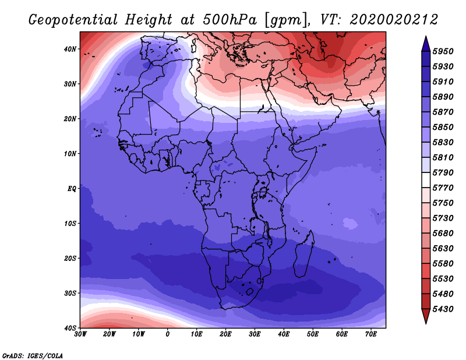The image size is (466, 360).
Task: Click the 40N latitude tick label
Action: tap(70, 49)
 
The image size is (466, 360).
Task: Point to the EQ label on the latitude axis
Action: tap(72, 189)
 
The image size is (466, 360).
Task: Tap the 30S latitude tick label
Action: tap(70, 293)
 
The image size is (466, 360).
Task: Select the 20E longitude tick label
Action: tap(225, 334)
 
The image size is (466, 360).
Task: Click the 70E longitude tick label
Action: tap(371, 334)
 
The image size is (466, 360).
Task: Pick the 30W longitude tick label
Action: tap(80, 334)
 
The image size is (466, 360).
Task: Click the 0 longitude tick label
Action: tap(168, 334)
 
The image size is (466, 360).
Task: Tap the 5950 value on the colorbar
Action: tap(443, 51)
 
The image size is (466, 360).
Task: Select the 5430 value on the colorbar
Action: tap(443, 309)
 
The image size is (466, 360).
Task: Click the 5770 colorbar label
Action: tap(443, 188)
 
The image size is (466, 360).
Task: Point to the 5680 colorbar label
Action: tap(443, 234)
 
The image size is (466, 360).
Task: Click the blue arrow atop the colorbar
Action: tap(426, 44)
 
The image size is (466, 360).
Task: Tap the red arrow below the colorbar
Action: tap(426, 316)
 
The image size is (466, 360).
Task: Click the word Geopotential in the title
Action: tap(73, 20)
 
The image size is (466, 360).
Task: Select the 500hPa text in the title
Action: tap(230, 20)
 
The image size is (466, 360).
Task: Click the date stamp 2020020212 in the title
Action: tap(394, 20)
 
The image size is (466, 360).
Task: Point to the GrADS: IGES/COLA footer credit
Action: tap(33, 355)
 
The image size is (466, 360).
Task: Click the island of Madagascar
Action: tap(303, 254)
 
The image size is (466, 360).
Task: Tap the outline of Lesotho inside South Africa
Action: tap(250, 291)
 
